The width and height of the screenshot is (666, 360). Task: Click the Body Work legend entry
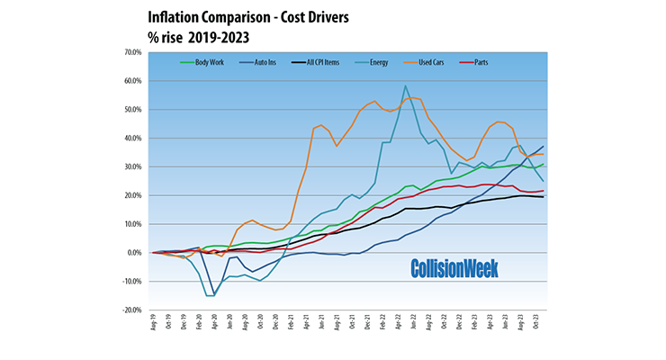click(205, 62)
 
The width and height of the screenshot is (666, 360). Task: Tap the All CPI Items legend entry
click(321, 62)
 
